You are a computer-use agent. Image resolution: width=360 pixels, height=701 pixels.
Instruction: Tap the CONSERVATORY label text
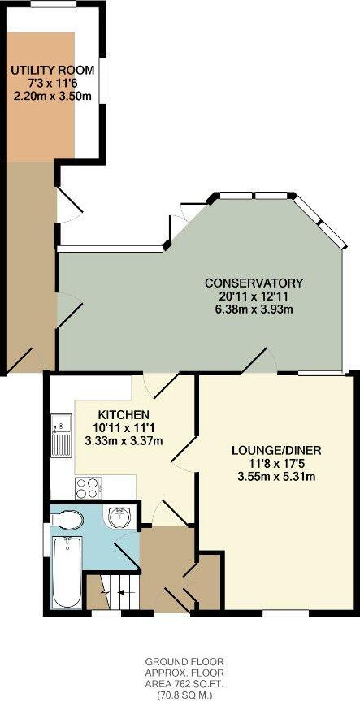point(254,283)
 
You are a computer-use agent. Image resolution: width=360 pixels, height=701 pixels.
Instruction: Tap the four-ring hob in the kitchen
point(87,487)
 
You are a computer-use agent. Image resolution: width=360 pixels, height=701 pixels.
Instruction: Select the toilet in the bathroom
point(69,519)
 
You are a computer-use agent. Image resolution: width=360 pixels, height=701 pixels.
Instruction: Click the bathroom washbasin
point(119,517)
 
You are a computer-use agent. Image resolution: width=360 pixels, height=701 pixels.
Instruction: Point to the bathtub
point(66,570)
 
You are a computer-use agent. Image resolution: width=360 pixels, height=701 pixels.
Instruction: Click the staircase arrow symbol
point(119,593)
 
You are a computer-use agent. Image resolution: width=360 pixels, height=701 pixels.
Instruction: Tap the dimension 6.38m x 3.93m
point(254,309)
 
